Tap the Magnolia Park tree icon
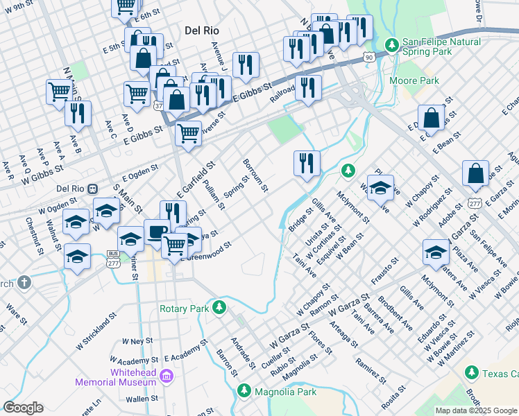pos(244,392)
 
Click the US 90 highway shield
pos(368,55)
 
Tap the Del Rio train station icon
pos(93,188)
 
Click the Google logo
pos(23,408)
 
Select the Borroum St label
pos(255,175)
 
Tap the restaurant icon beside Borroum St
pos(307,164)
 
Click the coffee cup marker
pos(157,232)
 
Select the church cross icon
pos(24,282)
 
